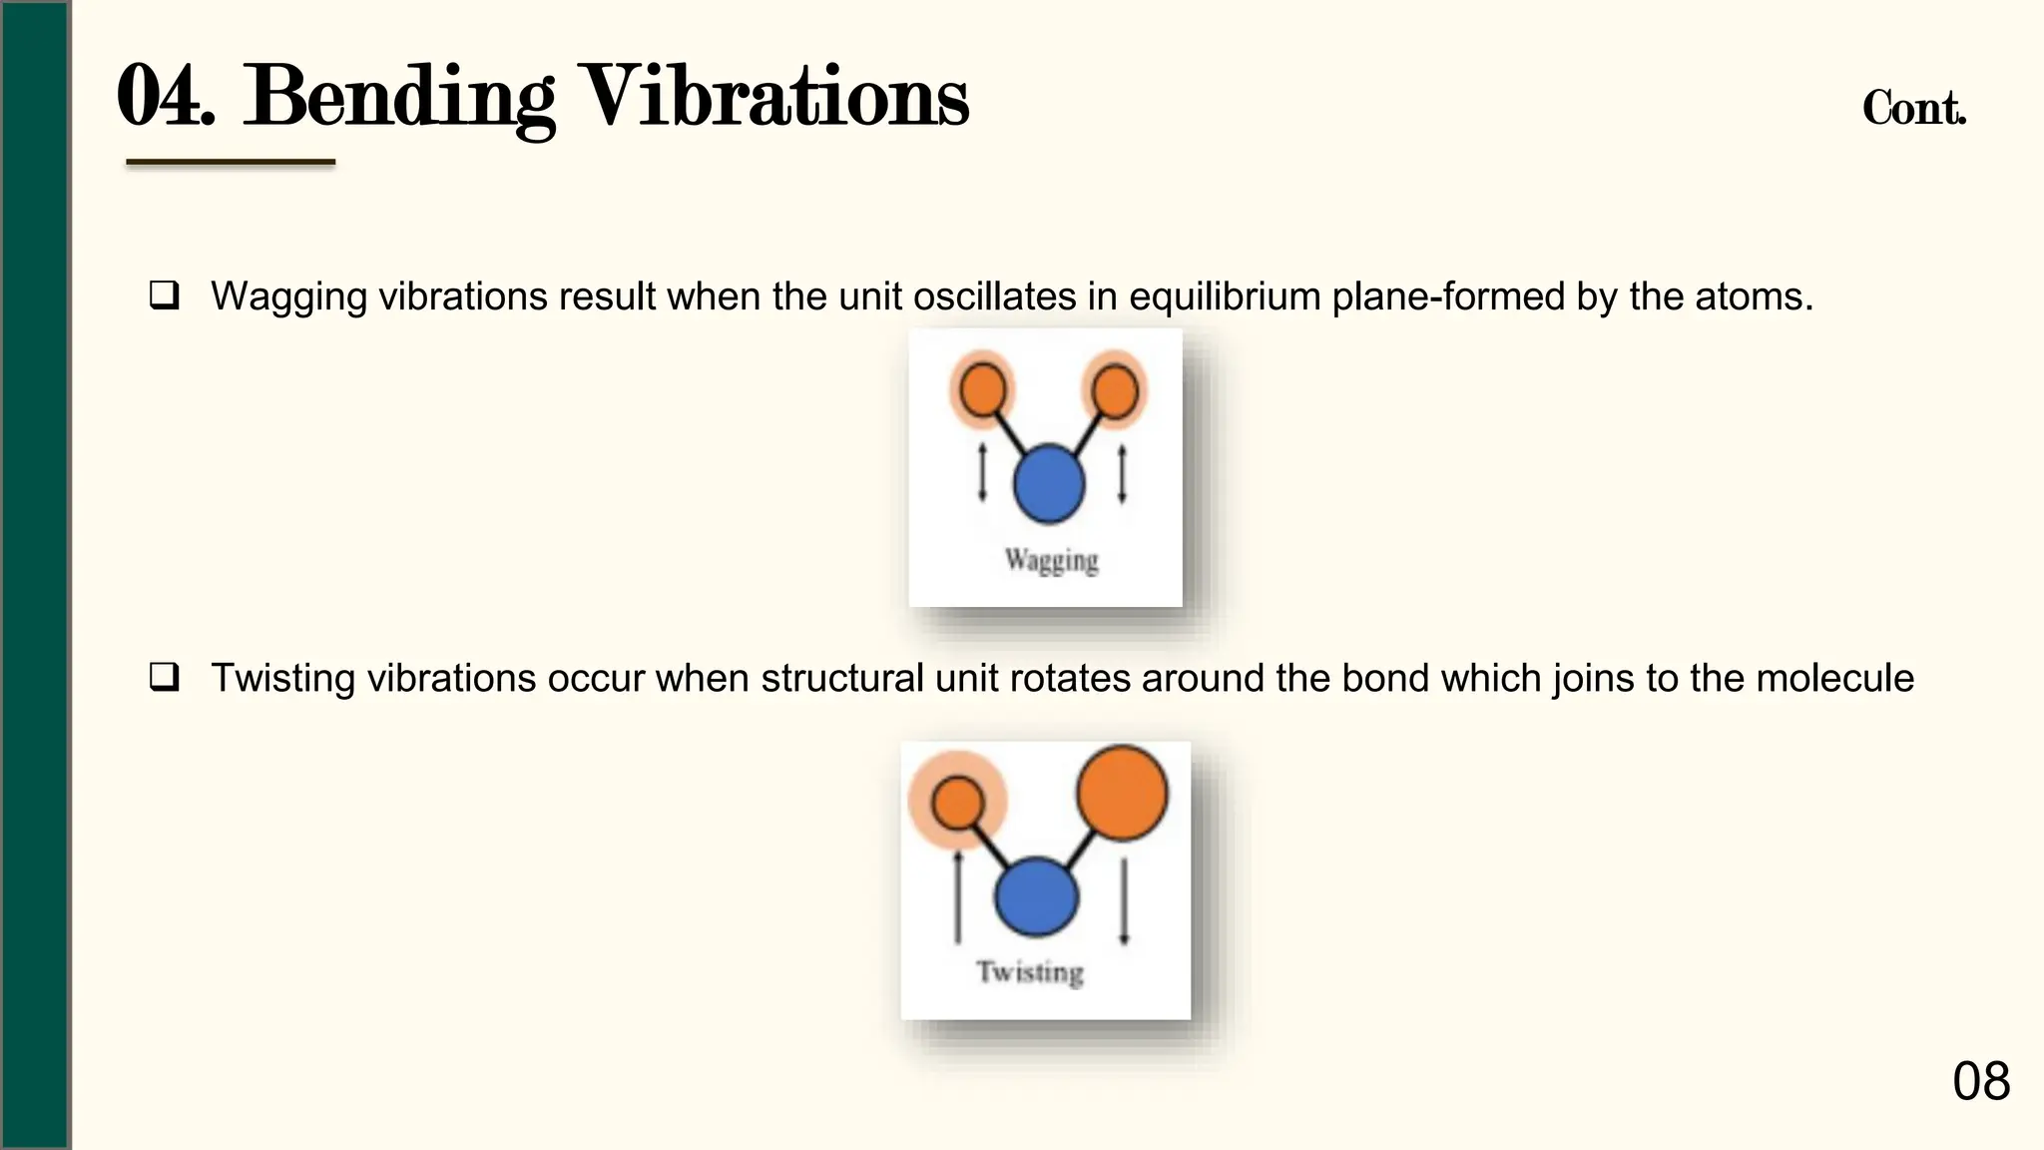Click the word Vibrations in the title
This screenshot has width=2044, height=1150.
pyautogui.click(x=774, y=98)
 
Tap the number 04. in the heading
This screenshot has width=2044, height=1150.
pyautogui.click(x=166, y=98)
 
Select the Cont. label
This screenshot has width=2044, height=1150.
pyautogui.click(x=1913, y=108)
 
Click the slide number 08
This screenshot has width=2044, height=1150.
pyautogui.click(x=1981, y=1081)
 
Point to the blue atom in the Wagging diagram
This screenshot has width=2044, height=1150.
pyautogui.click(x=1048, y=484)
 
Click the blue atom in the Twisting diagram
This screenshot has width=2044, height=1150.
pyautogui.click(x=1037, y=896)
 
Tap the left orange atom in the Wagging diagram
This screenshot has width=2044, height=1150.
pyautogui.click(x=982, y=389)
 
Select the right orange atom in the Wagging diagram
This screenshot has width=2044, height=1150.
pyautogui.click(x=1115, y=389)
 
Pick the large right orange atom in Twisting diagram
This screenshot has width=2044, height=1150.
pyautogui.click(x=1122, y=794)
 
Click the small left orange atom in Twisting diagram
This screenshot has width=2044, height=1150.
pyautogui.click(x=957, y=802)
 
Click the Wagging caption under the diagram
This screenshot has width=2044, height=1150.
pyautogui.click(x=1052, y=561)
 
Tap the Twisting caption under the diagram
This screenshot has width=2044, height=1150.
pyautogui.click(x=1030, y=972)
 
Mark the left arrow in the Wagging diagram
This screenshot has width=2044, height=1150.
pyautogui.click(x=982, y=473)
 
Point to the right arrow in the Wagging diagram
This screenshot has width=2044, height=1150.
pyautogui.click(x=1123, y=473)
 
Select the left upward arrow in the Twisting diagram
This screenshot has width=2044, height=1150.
pyautogui.click(x=958, y=895)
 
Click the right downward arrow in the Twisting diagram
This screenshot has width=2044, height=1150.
pyautogui.click(x=1125, y=900)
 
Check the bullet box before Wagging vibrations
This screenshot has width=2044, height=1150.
pyautogui.click(x=165, y=295)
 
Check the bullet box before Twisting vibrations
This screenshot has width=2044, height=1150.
pyautogui.click(x=165, y=677)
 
